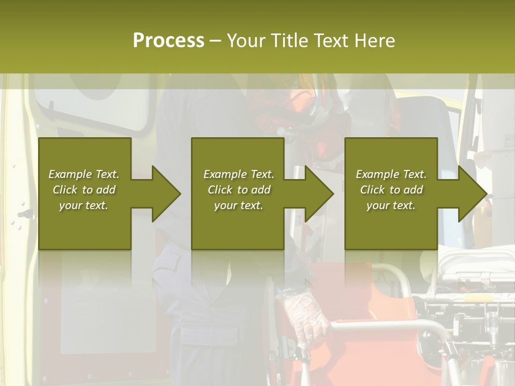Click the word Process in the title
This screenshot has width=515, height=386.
click(x=168, y=41)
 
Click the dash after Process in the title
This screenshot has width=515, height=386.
click(x=215, y=41)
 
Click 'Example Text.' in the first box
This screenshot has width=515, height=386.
click(x=84, y=174)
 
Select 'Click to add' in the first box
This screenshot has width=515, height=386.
click(x=84, y=190)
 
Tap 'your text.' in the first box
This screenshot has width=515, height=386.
click(x=84, y=205)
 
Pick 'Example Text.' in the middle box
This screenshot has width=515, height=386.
click(x=239, y=174)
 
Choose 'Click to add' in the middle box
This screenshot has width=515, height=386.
click(x=239, y=190)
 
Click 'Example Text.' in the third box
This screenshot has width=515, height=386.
click(x=391, y=174)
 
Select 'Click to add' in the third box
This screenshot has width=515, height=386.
click(x=391, y=190)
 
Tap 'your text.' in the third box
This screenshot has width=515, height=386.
click(x=391, y=205)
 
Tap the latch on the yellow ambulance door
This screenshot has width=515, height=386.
click(x=25, y=214)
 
